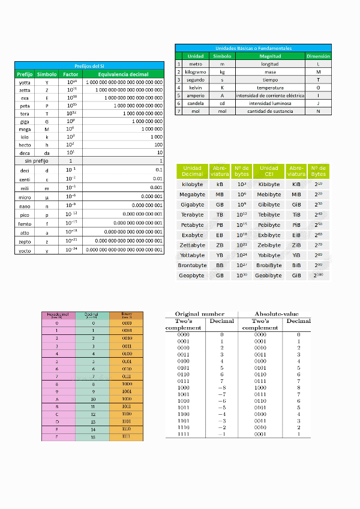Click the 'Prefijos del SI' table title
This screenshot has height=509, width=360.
pyautogui.click(x=89, y=65)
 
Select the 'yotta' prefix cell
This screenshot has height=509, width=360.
pyautogui.click(x=25, y=82)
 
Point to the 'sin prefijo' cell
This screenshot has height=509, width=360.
pyautogui.click(x=37, y=161)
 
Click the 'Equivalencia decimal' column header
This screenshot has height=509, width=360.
pyautogui.click(x=123, y=74)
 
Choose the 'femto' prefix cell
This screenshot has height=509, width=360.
pyautogui.click(x=25, y=223)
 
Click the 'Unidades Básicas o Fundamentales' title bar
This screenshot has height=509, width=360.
pyautogui.click(x=253, y=47)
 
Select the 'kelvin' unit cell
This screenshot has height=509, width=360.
pyautogui.click(x=195, y=87)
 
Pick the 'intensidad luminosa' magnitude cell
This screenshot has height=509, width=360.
pyautogui.click(x=269, y=103)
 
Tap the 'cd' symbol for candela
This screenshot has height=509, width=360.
pyautogui.click(x=222, y=103)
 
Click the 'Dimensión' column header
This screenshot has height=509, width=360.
pyautogui.click(x=318, y=56)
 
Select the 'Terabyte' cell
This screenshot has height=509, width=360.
pyautogui.click(x=192, y=215)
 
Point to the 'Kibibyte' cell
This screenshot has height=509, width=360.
pyautogui.click(x=269, y=184)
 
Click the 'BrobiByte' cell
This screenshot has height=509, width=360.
pyautogui.click(x=269, y=265)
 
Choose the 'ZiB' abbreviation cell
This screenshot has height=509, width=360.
pyautogui.click(x=296, y=245)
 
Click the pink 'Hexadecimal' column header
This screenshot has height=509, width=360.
pyautogui.click(x=58, y=315)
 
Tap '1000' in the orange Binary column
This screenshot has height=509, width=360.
pyautogui.click(x=127, y=383)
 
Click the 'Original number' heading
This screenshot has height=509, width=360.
pyautogui.click(x=200, y=314)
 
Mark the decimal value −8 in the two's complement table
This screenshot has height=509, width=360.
pyautogui.click(x=221, y=388)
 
